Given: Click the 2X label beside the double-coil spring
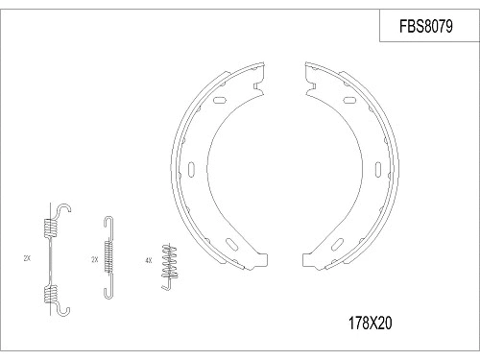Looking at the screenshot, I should click(x=26, y=259).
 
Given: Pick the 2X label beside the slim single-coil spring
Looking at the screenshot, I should click(x=94, y=259).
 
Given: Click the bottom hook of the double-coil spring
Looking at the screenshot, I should click(x=62, y=307).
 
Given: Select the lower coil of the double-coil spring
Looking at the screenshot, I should click(x=51, y=291).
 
